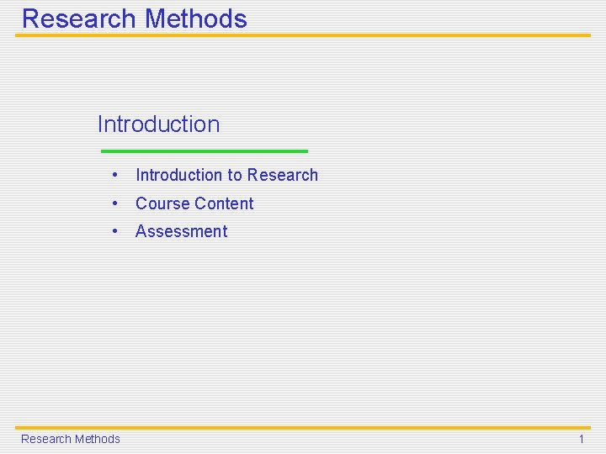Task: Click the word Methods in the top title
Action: pos(196,19)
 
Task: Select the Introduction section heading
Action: pos(158,124)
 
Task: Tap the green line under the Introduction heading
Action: pos(204,151)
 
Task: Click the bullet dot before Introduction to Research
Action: pos(114,175)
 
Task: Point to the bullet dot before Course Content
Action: pos(114,203)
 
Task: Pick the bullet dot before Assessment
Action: pos(114,230)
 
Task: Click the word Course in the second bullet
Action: pos(162,203)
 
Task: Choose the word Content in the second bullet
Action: pos(224,203)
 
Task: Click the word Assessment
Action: pos(182,231)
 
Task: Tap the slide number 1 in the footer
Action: pos(581,439)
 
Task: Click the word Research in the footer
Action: pos(45,439)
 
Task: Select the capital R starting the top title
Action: pos(31,19)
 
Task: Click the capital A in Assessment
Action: pos(141,231)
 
